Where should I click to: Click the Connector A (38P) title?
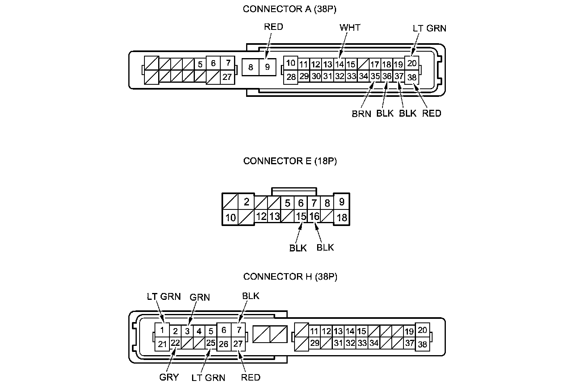(289, 9)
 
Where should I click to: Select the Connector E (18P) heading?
(290, 161)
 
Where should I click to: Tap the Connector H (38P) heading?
(290, 276)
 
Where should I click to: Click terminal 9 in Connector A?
(267, 67)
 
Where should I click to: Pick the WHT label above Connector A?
(350, 27)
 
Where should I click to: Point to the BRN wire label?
(361, 114)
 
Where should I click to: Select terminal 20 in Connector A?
(412, 63)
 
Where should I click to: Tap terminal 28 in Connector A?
(290, 77)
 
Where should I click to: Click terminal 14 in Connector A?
(339, 64)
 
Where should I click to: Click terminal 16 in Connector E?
(314, 217)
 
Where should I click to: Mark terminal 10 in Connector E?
(230, 218)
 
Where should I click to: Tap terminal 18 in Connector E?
(341, 218)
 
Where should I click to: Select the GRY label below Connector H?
(169, 377)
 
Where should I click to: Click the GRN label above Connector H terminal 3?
(200, 297)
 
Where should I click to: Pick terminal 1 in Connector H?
(162, 330)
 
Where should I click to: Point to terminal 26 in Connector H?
(224, 344)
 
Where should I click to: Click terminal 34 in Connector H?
(374, 343)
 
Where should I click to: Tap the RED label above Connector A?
(274, 27)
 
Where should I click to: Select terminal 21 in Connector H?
(162, 344)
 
